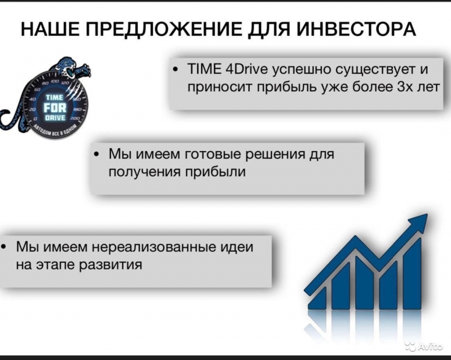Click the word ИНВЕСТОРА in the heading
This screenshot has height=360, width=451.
point(356,29)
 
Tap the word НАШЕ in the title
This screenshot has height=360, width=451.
point(50,29)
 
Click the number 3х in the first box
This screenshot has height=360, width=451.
point(405,87)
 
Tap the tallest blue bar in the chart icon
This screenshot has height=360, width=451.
point(412,273)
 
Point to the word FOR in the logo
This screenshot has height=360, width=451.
point(55,108)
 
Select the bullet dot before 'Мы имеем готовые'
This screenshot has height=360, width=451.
point(96,155)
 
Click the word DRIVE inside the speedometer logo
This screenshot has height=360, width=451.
point(55,118)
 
